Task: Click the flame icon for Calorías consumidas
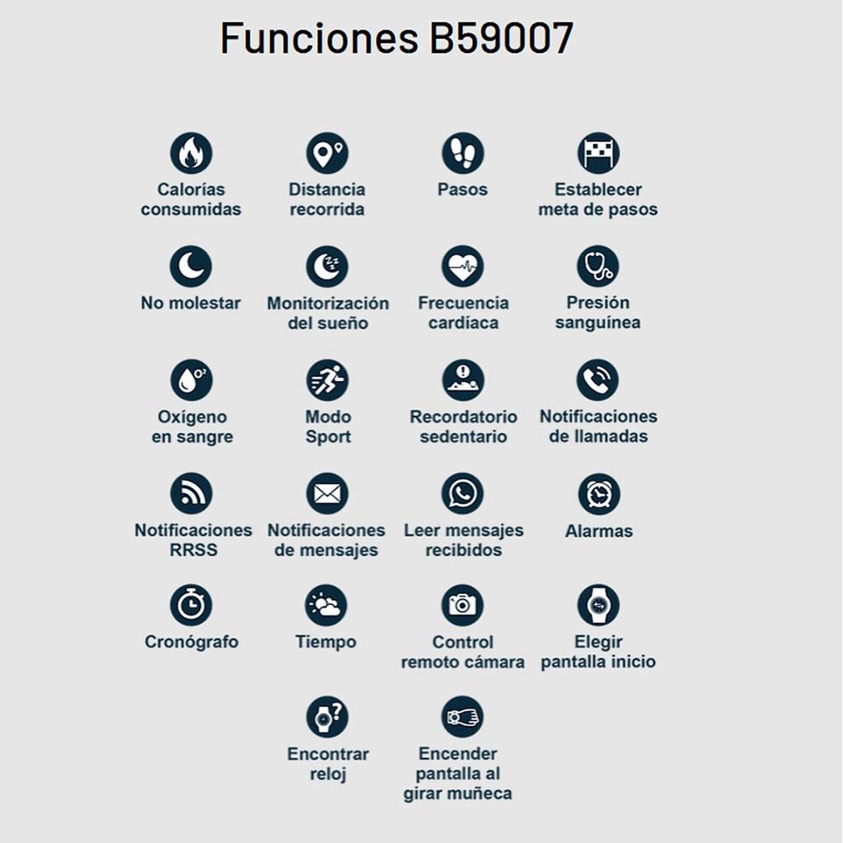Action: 191,153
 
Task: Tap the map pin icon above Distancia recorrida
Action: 327,153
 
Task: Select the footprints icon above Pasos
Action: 463,153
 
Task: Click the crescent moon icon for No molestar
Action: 191,267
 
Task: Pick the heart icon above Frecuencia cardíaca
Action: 463,267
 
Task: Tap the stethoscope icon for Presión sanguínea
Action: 598,267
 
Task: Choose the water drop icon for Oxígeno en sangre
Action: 191,381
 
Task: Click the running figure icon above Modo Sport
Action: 327,381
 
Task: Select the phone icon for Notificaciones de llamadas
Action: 598,381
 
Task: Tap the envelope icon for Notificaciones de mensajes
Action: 327,494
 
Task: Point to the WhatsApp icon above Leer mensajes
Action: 463,494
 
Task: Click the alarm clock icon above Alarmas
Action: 599,494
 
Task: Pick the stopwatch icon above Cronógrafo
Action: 191,606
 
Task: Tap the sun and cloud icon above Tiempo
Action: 326,606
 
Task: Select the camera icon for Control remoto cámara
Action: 463,606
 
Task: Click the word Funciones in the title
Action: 319,39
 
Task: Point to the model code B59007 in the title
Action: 501,39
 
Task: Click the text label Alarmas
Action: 599,532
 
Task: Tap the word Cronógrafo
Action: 191,642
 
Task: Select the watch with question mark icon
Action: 327,717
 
